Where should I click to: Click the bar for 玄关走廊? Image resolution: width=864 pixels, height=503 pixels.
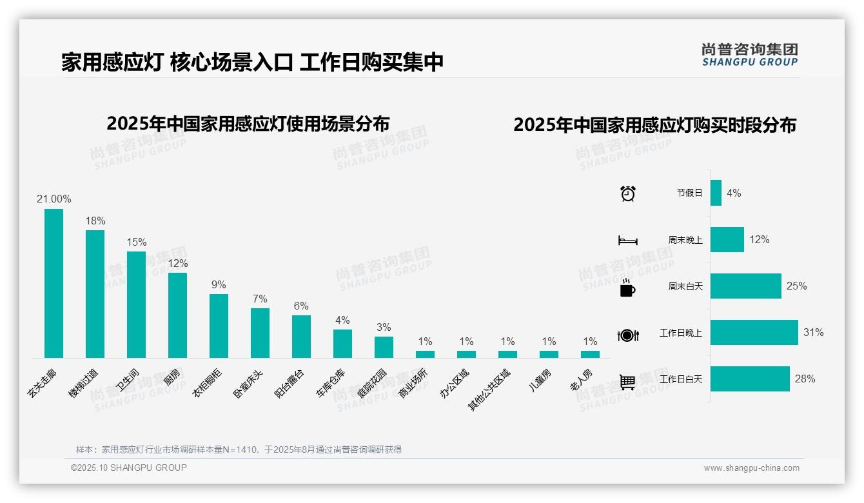(x=54, y=283)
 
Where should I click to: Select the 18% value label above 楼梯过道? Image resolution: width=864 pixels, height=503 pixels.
(x=95, y=221)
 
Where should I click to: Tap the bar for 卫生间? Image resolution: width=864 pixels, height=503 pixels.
(x=136, y=304)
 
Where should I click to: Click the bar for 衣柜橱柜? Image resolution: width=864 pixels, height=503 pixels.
(x=219, y=326)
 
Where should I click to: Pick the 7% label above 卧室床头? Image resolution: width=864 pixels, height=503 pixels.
(x=260, y=299)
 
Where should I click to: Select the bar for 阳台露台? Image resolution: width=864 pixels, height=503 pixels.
(x=301, y=336)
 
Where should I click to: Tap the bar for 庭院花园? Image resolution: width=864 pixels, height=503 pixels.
(x=384, y=347)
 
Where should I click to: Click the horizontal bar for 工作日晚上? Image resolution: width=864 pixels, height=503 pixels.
(x=754, y=333)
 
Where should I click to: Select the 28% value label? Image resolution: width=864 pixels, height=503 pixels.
(x=805, y=379)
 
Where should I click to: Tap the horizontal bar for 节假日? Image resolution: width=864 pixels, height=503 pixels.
(x=716, y=193)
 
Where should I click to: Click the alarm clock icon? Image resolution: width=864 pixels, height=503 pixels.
(x=627, y=193)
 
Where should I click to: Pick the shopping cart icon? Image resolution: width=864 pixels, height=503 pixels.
(x=627, y=382)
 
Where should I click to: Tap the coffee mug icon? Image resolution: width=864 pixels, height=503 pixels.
(x=627, y=288)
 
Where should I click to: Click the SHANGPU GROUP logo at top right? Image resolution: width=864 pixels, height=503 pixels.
(x=749, y=55)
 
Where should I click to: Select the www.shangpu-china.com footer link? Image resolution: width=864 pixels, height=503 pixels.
(x=751, y=468)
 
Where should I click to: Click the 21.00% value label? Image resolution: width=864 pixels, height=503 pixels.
(x=54, y=199)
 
